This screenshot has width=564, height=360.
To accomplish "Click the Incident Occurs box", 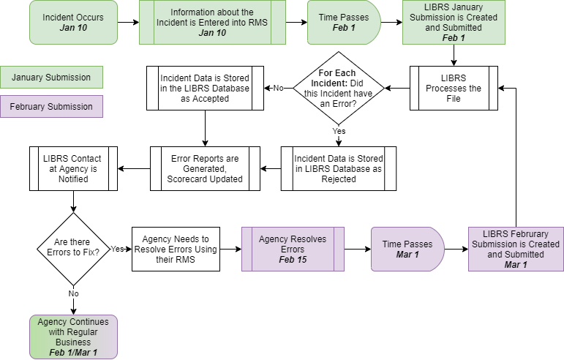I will point(73,22).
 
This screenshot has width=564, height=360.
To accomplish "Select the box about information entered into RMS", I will point(211,22).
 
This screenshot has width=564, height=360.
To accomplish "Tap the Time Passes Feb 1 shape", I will point(343,22).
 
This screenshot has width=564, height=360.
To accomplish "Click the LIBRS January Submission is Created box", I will point(454,22).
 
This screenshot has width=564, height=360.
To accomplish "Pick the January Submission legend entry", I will point(51,78).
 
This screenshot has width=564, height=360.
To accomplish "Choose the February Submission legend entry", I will point(51,107).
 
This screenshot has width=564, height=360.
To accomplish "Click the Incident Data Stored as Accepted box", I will point(205,88).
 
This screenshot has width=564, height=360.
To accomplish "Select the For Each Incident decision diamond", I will point(339,88).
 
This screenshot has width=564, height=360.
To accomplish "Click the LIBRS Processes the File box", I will point(454,88).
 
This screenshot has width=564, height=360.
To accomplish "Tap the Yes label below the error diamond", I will point(339,132).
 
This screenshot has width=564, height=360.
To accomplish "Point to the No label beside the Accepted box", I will point(279,88).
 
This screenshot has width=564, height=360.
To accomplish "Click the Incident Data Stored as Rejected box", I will point(338,168).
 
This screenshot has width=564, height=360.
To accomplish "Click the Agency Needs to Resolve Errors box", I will point(176,249).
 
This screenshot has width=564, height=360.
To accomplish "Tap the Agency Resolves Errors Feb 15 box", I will point(293,249).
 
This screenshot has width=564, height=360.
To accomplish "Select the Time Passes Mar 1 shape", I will point(407,249).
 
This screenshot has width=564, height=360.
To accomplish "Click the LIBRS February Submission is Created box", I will point(516,249).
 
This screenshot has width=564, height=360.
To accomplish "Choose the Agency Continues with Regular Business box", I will point(73,337).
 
